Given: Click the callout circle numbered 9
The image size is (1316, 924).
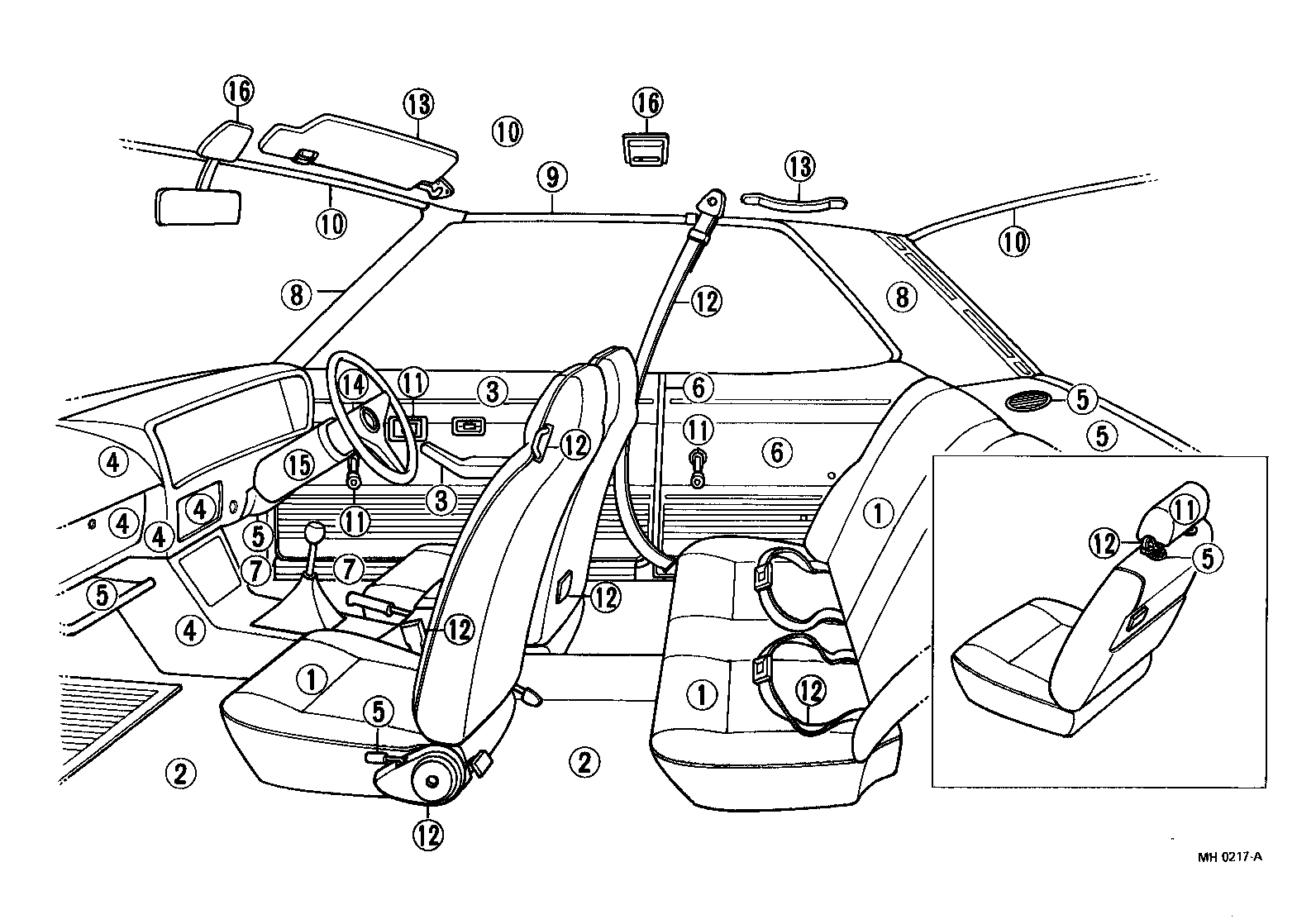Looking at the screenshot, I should [x=552, y=175].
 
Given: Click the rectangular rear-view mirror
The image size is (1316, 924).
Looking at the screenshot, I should [x=198, y=207].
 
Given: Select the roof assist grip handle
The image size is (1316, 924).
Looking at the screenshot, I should [x=794, y=199].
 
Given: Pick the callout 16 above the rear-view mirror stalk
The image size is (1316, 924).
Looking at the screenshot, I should [x=238, y=92].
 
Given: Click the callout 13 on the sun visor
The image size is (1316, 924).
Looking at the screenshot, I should [x=418, y=104].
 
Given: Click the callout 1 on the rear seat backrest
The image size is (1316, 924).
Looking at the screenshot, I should [x=879, y=513].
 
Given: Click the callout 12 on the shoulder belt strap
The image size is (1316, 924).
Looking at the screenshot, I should [x=705, y=302].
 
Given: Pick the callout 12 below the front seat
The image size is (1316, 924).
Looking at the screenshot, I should [x=429, y=833].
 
